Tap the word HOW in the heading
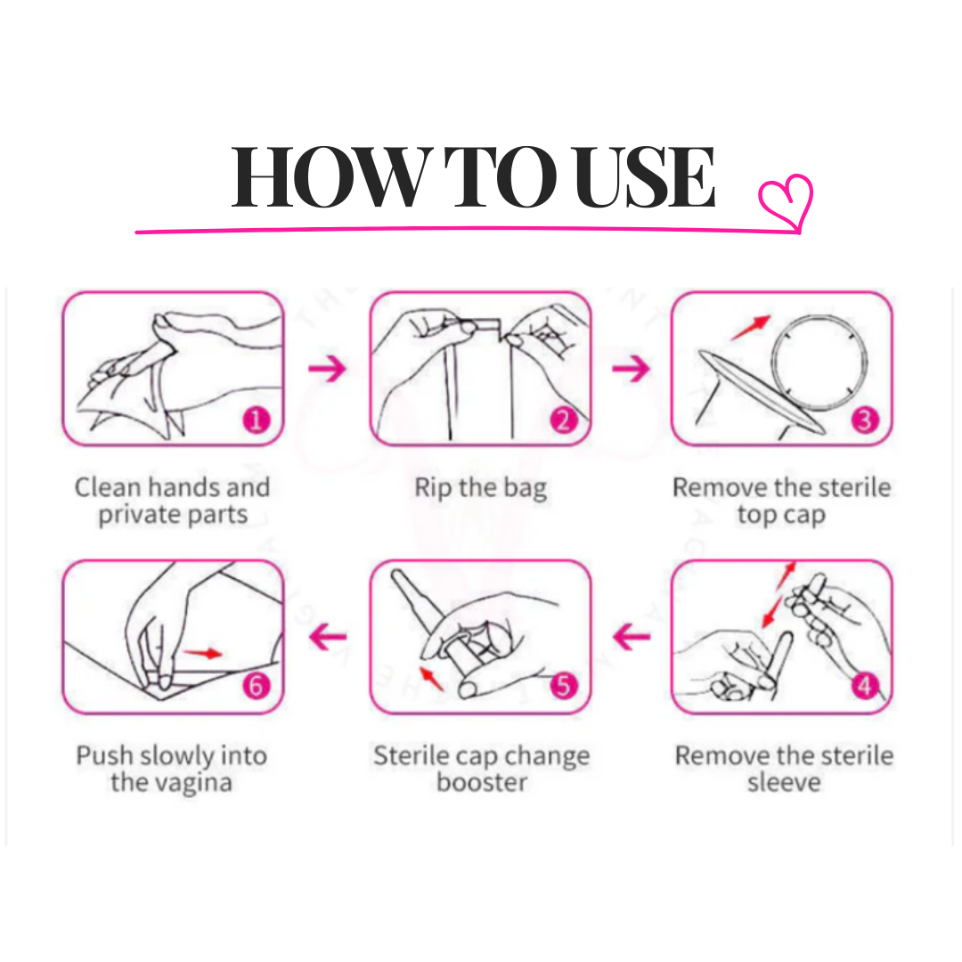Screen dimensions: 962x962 point(329,177)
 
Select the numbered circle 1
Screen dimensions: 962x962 point(256,420)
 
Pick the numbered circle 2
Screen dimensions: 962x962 point(564,420)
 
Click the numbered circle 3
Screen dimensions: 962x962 point(865,420)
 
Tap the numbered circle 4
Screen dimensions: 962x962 point(865,686)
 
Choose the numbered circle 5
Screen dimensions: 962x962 point(564,686)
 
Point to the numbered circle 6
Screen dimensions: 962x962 point(256,686)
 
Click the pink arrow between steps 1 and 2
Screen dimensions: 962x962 point(328,369)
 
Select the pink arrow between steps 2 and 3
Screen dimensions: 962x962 point(631,369)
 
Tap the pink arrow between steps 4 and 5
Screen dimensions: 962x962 point(632,637)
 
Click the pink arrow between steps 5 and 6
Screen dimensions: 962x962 point(328,637)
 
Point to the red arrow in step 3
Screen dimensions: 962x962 point(750,328)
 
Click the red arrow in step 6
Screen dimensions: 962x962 point(203,653)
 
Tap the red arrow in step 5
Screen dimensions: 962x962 point(432,679)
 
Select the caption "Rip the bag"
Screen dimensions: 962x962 point(480,488)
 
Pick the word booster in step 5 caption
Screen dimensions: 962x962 point(482,783)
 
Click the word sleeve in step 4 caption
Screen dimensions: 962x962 point(784,783)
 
